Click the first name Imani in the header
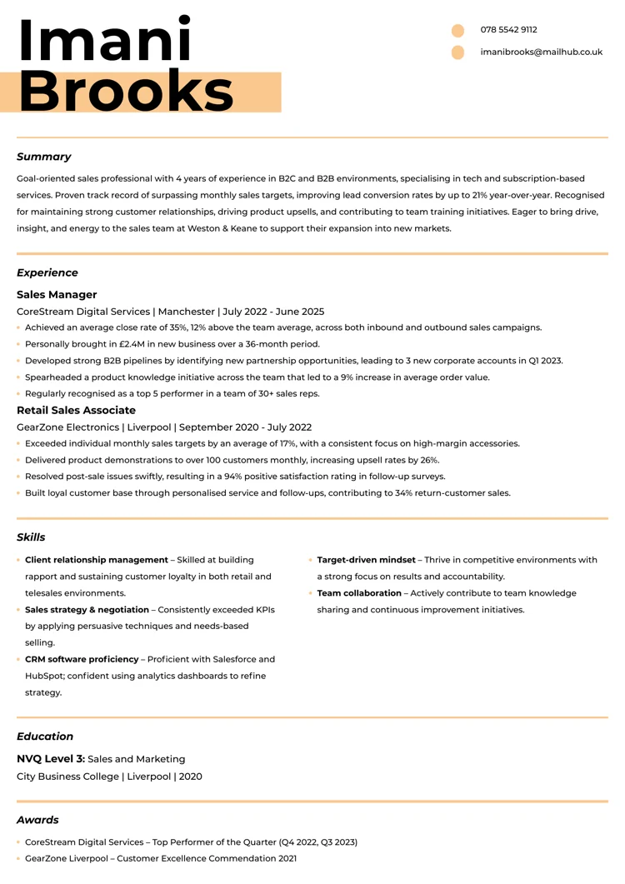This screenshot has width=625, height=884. [104, 40]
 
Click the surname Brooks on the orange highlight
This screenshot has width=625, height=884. [126, 92]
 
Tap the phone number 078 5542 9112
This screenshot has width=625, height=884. [508, 30]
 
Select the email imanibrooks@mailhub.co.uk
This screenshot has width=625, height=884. [541, 52]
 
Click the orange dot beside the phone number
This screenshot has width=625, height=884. [457, 31]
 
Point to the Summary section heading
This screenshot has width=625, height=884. [43, 157]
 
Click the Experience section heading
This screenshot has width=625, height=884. [47, 272]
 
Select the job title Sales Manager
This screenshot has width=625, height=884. [57, 295]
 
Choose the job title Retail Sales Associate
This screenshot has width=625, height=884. [76, 411]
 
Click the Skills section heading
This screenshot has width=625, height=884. [31, 537]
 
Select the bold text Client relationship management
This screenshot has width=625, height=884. [97, 560]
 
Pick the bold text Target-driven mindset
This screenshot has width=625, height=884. [366, 560]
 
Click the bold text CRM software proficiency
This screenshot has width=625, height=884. [82, 659]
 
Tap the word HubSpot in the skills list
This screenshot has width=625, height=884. [46, 676]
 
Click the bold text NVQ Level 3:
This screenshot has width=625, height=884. [51, 759]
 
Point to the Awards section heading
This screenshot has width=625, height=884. [37, 820]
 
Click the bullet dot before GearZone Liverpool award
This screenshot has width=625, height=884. [18, 859]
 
